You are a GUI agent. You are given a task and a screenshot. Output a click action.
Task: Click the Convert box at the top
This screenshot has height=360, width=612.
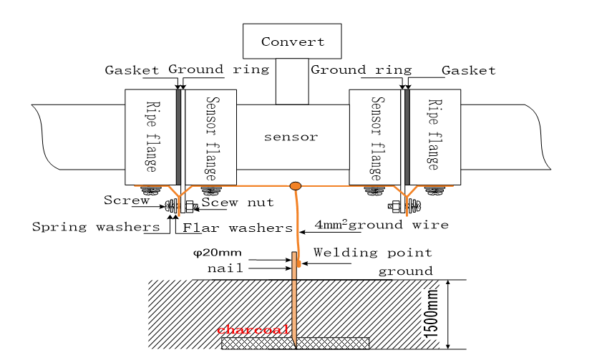point(292,42)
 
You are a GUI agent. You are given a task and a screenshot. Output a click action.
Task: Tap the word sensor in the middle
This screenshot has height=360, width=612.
point(290,137)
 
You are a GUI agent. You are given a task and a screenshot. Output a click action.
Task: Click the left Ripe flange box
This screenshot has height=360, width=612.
point(150,137)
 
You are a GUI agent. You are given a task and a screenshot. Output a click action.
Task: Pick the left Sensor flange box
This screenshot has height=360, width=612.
point(210,137)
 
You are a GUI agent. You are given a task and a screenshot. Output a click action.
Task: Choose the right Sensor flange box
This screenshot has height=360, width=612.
point(374,137)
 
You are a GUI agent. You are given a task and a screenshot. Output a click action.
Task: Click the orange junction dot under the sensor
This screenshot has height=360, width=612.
point(295,187)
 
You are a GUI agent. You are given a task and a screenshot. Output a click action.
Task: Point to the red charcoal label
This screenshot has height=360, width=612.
point(255,330)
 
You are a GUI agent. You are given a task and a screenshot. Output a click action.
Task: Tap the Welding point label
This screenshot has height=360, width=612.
point(372,253)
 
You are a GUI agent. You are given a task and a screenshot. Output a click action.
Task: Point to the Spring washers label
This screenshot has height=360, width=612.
point(96,228)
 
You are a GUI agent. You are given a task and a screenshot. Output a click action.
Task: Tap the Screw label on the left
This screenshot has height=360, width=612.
point(126,200)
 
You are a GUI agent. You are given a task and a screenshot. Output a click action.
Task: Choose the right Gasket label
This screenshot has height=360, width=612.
point(468,70)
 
